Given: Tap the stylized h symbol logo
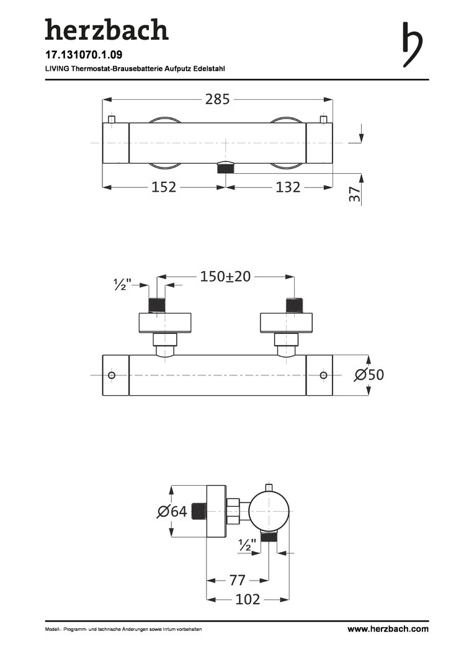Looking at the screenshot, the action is (x=413, y=45).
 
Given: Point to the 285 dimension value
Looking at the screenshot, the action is (x=218, y=99).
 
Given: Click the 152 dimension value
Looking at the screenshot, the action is (x=164, y=187).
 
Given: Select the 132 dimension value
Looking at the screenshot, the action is (x=287, y=187).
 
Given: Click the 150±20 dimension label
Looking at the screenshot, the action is (x=225, y=277).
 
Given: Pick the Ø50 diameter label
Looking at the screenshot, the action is (x=369, y=375).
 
